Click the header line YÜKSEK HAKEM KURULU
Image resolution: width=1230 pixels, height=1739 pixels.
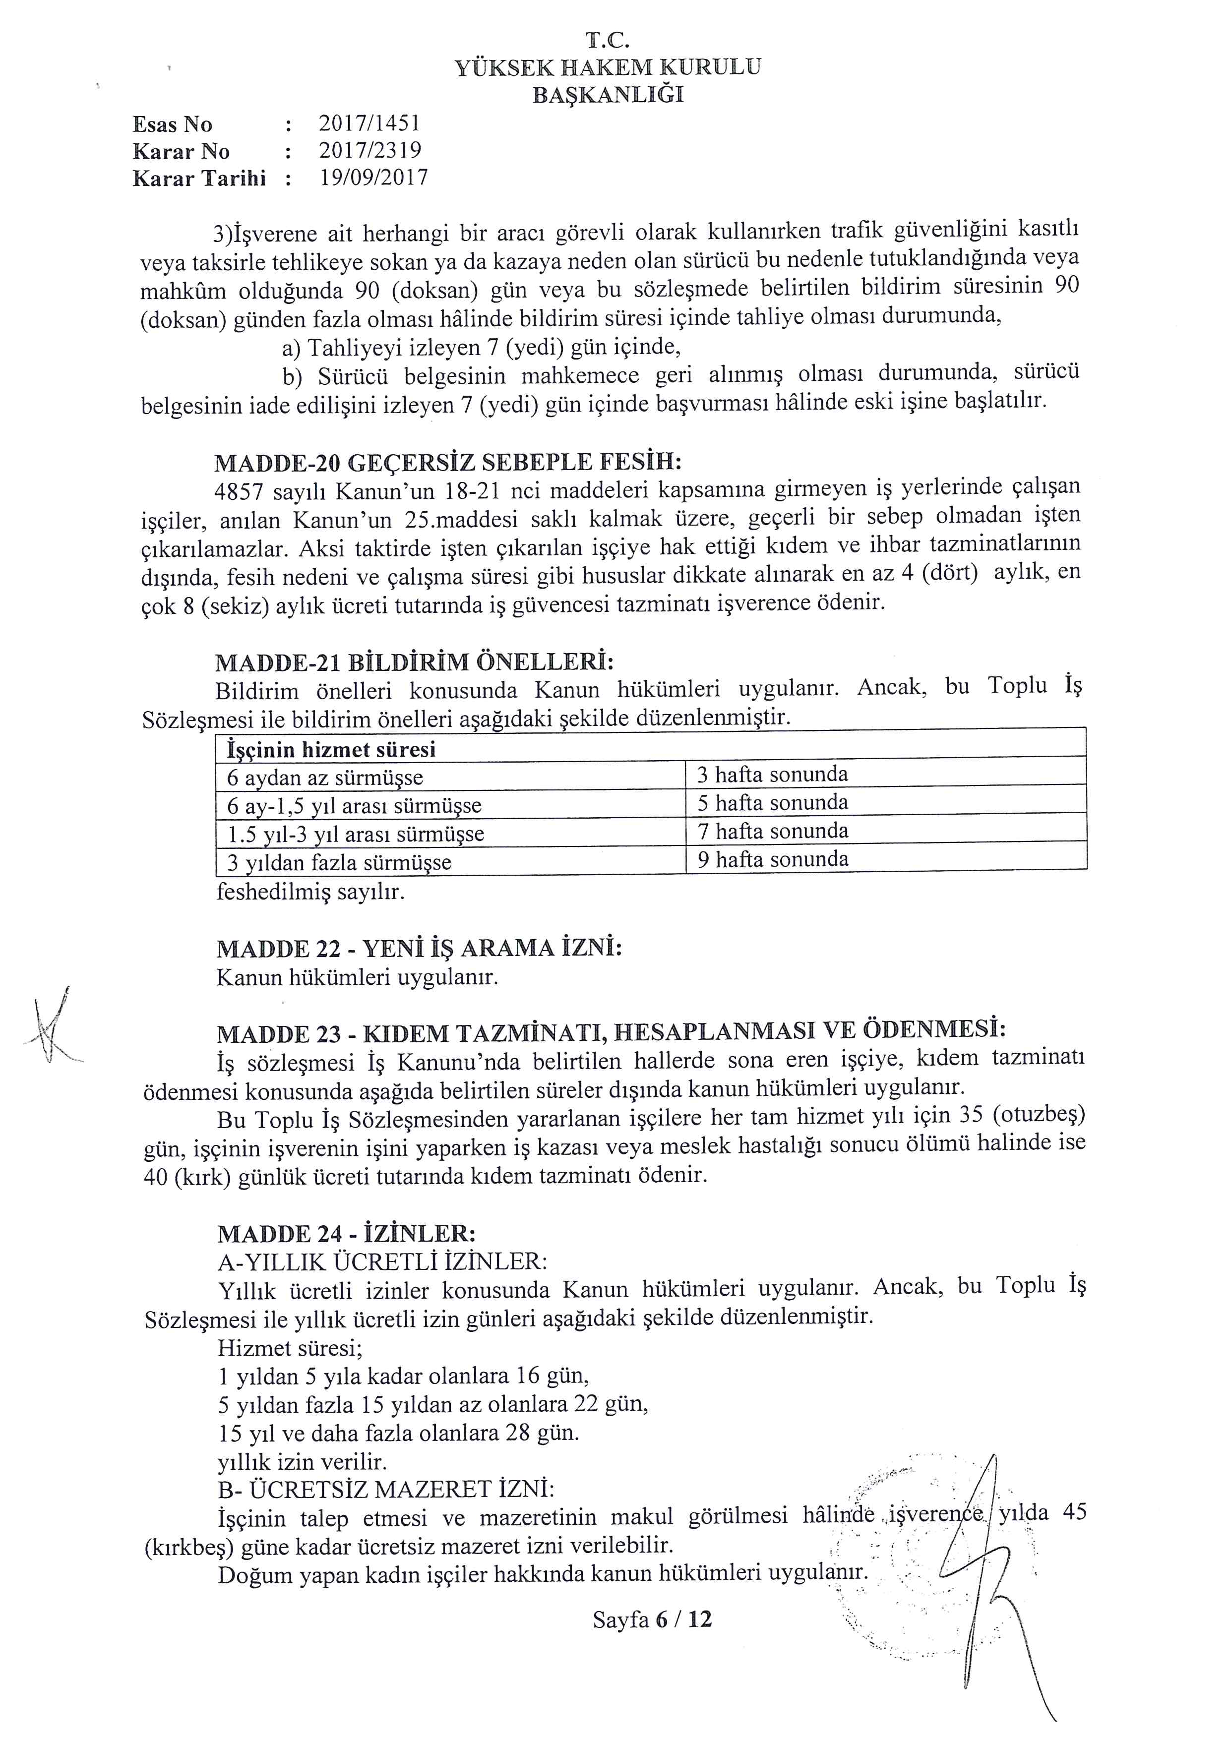(x=608, y=67)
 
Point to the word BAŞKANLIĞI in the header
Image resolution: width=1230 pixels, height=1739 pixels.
(x=608, y=95)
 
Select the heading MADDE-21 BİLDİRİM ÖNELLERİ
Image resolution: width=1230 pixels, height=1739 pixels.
(x=414, y=661)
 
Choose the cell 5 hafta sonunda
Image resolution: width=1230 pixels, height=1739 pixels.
(x=772, y=803)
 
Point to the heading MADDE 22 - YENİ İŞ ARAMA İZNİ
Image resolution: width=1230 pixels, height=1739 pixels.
(x=419, y=948)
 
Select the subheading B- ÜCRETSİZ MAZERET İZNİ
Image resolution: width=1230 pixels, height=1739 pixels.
(x=385, y=1490)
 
